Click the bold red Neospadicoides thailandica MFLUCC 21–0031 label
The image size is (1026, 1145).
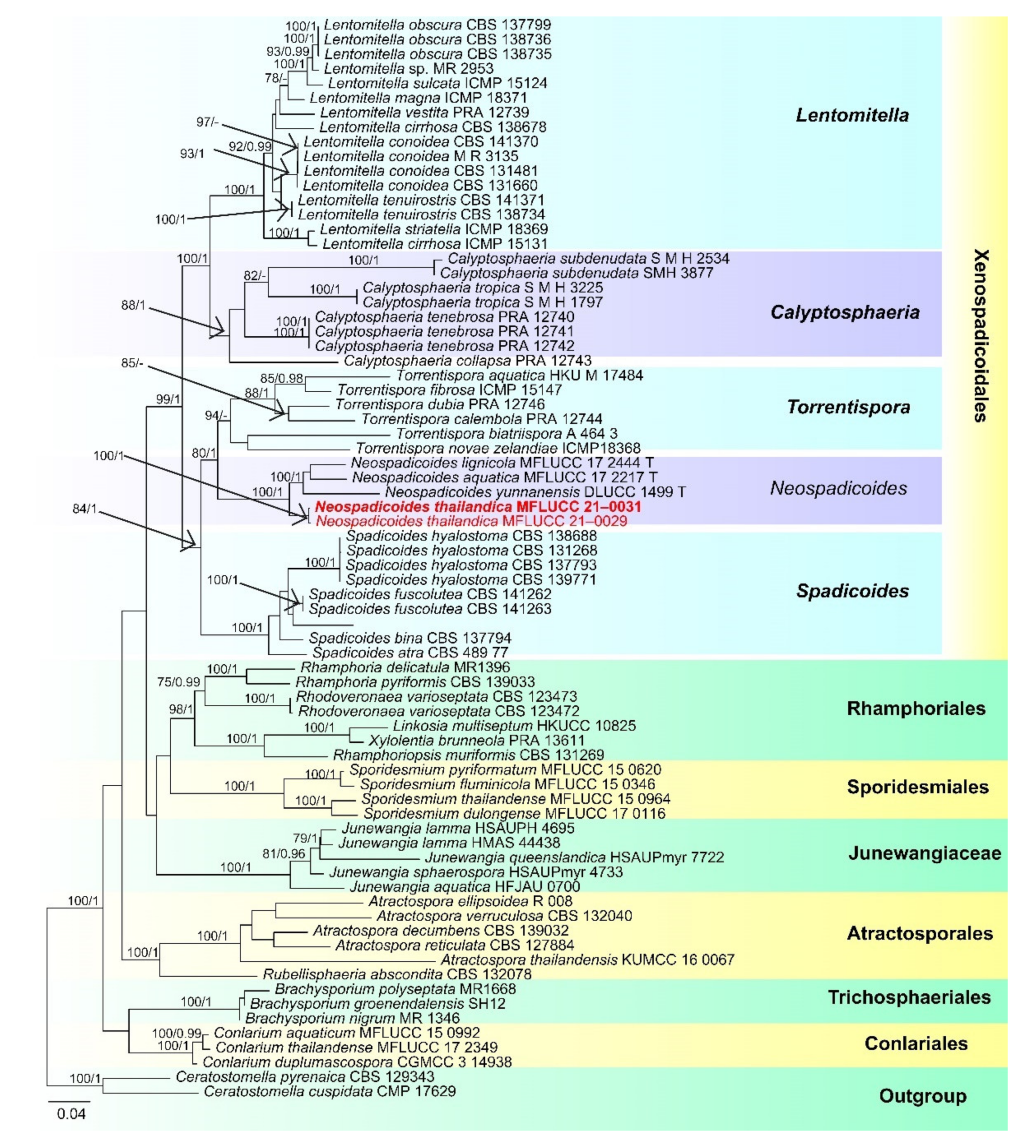pos(478,507)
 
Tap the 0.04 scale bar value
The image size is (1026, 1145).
pos(71,1114)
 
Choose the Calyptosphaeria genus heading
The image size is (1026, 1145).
pos(844,312)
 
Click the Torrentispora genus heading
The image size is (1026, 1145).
pos(848,407)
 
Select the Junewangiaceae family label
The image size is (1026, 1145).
pos(925,853)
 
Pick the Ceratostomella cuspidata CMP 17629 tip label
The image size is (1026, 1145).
pos(330,1092)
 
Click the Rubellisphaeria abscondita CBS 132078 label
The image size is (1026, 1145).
pos(397,974)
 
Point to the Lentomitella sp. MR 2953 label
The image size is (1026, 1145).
pos(409,69)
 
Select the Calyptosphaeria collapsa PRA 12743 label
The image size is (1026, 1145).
pos(467,361)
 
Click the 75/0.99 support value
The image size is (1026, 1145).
pos(179,682)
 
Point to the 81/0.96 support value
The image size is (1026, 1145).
pos(284,854)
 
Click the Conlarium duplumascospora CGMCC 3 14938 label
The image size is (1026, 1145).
pos(357,1062)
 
